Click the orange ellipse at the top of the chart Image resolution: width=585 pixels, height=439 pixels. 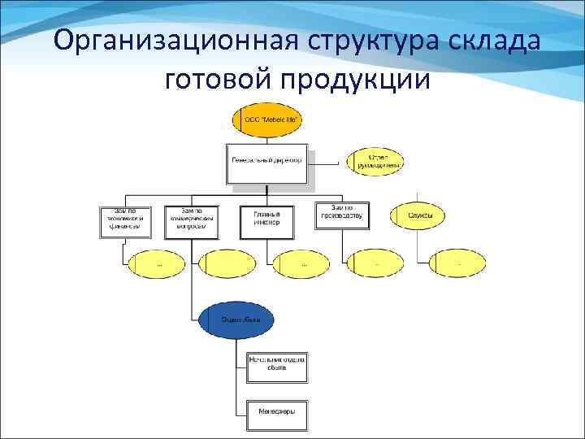(268, 120)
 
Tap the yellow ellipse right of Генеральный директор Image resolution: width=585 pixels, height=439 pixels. (374, 162)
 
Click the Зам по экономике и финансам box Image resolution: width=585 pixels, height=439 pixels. (123, 219)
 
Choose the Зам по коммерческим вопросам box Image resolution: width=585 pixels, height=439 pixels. (192, 219)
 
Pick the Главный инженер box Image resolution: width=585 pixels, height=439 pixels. (266, 219)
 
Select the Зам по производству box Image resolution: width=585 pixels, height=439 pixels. (342, 215)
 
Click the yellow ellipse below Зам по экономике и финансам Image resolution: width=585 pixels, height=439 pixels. (158, 263)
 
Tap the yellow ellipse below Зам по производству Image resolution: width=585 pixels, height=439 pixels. (375, 263)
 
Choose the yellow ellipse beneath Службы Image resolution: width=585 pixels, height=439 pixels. (460, 263)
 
